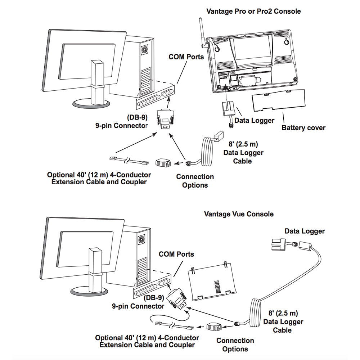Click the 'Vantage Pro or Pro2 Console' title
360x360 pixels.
(x=253, y=11)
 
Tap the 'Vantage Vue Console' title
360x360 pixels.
(x=239, y=214)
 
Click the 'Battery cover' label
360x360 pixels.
(x=303, y=127)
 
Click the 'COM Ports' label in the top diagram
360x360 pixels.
(x=186, y=57)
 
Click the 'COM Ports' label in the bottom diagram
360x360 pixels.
(x=176, y=254)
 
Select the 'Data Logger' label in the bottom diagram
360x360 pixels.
(x=305, y=231)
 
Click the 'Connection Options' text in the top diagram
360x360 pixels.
(x=195, y=181)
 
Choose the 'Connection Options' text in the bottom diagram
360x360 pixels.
(x=235, y=345)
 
